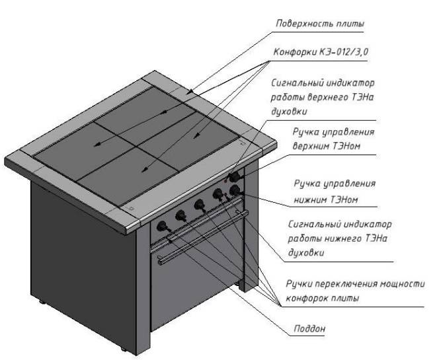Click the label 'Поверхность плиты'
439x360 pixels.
click(320, 24)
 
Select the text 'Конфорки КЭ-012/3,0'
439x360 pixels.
click(321, 52)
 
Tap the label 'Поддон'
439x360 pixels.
click(309, 328)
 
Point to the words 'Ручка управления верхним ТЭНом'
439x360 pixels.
click(333, 139)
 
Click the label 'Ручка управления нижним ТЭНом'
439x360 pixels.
click(335, 192)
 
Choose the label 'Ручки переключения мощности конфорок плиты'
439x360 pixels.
click(355, 291)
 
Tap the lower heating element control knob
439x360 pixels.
click(235, 191)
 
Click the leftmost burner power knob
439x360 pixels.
click(163, 226)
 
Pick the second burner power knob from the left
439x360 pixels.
click(181, 215)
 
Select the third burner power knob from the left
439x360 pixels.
click(200, 205)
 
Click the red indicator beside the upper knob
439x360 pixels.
click(225, 181)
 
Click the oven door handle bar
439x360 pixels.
click(203, 237)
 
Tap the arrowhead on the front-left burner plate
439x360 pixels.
click(97, 145)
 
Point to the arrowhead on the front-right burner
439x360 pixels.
click(145, 169)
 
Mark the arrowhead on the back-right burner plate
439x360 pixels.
click(197, 135)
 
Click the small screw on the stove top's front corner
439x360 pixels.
click(131, 208)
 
